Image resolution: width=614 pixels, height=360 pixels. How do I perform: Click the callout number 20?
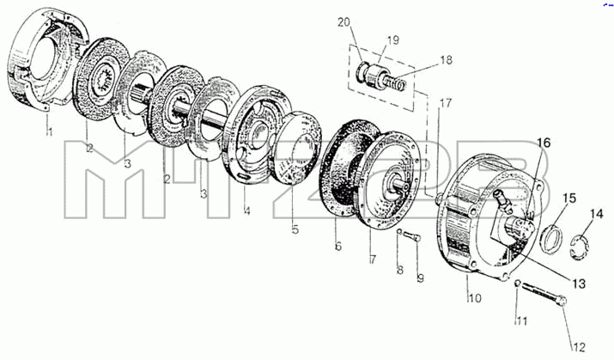pyautogui.click(x=343, y=22)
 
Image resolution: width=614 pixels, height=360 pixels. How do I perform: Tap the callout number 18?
pyautogui.click(x=446, y=60)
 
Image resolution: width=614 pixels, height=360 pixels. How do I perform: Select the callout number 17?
pyautogui.click(x=445, y=103)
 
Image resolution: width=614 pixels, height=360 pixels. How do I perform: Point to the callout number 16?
pyautogui.click(x=543, y=143)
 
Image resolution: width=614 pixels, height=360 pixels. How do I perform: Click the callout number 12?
pyautogui.click(x=579, y=346)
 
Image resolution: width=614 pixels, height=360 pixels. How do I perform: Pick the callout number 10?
pyautogui.click(x=475, y=298)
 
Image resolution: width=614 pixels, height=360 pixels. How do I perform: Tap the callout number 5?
pyautogui.click(x=295, y=229)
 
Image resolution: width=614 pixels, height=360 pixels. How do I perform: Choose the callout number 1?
pyautogui.click(x=49, y=131)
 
